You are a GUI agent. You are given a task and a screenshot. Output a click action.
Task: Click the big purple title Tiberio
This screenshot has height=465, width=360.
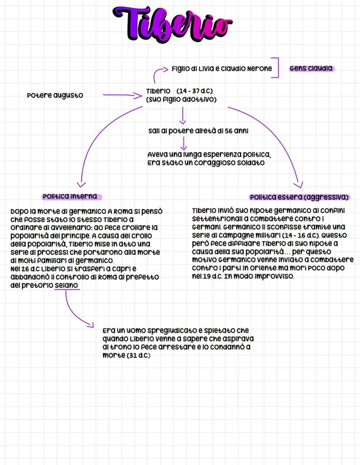173,23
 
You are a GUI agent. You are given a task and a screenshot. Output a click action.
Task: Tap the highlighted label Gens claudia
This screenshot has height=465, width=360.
311,68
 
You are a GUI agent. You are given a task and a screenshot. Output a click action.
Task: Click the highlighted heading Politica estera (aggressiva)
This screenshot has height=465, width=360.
300,197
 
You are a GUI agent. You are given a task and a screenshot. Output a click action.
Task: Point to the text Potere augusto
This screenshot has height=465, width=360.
55,95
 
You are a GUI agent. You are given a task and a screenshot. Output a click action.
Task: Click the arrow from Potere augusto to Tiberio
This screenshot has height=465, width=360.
120,94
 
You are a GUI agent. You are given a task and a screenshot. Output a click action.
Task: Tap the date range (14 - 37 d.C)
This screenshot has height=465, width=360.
195,91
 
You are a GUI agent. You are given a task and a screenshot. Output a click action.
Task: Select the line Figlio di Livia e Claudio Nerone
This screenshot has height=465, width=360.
222,68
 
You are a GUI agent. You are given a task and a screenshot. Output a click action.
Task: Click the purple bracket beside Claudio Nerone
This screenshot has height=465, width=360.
275,68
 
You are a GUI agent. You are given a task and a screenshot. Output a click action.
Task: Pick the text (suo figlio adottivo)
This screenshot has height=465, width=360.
181,99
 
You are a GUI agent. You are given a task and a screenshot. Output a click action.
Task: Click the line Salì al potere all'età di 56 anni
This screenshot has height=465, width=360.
198,131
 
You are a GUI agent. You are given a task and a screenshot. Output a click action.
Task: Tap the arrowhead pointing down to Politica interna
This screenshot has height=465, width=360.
80,184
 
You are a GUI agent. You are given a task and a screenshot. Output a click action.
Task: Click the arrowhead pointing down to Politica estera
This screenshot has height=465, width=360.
298,183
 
